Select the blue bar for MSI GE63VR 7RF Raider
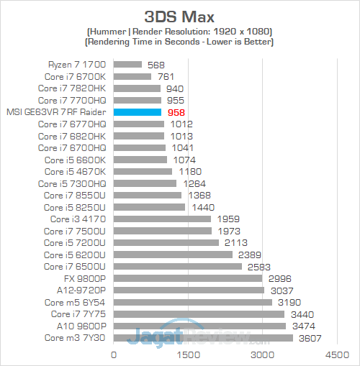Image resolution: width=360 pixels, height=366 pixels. [x=137, y=112]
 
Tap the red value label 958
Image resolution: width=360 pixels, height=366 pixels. [x=176, y=112]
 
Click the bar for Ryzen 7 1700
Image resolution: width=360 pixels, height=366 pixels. [x=127, y=64]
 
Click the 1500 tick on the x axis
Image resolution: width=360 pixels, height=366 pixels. [x=188, y=354]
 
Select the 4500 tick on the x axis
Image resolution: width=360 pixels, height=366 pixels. [x=336, y=354]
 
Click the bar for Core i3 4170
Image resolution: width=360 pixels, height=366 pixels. [x=162, y=219]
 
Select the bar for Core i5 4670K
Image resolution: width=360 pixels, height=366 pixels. [x=143, y=171]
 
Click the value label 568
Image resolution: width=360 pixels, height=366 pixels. [x=155, y=64]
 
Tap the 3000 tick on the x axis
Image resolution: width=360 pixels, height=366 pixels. [x=262, y=354]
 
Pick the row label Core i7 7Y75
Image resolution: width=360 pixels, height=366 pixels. [x=78, y=314]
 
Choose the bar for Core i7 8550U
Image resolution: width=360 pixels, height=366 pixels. [x=148, y=195]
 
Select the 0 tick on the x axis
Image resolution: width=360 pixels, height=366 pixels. [x=113, y=354]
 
